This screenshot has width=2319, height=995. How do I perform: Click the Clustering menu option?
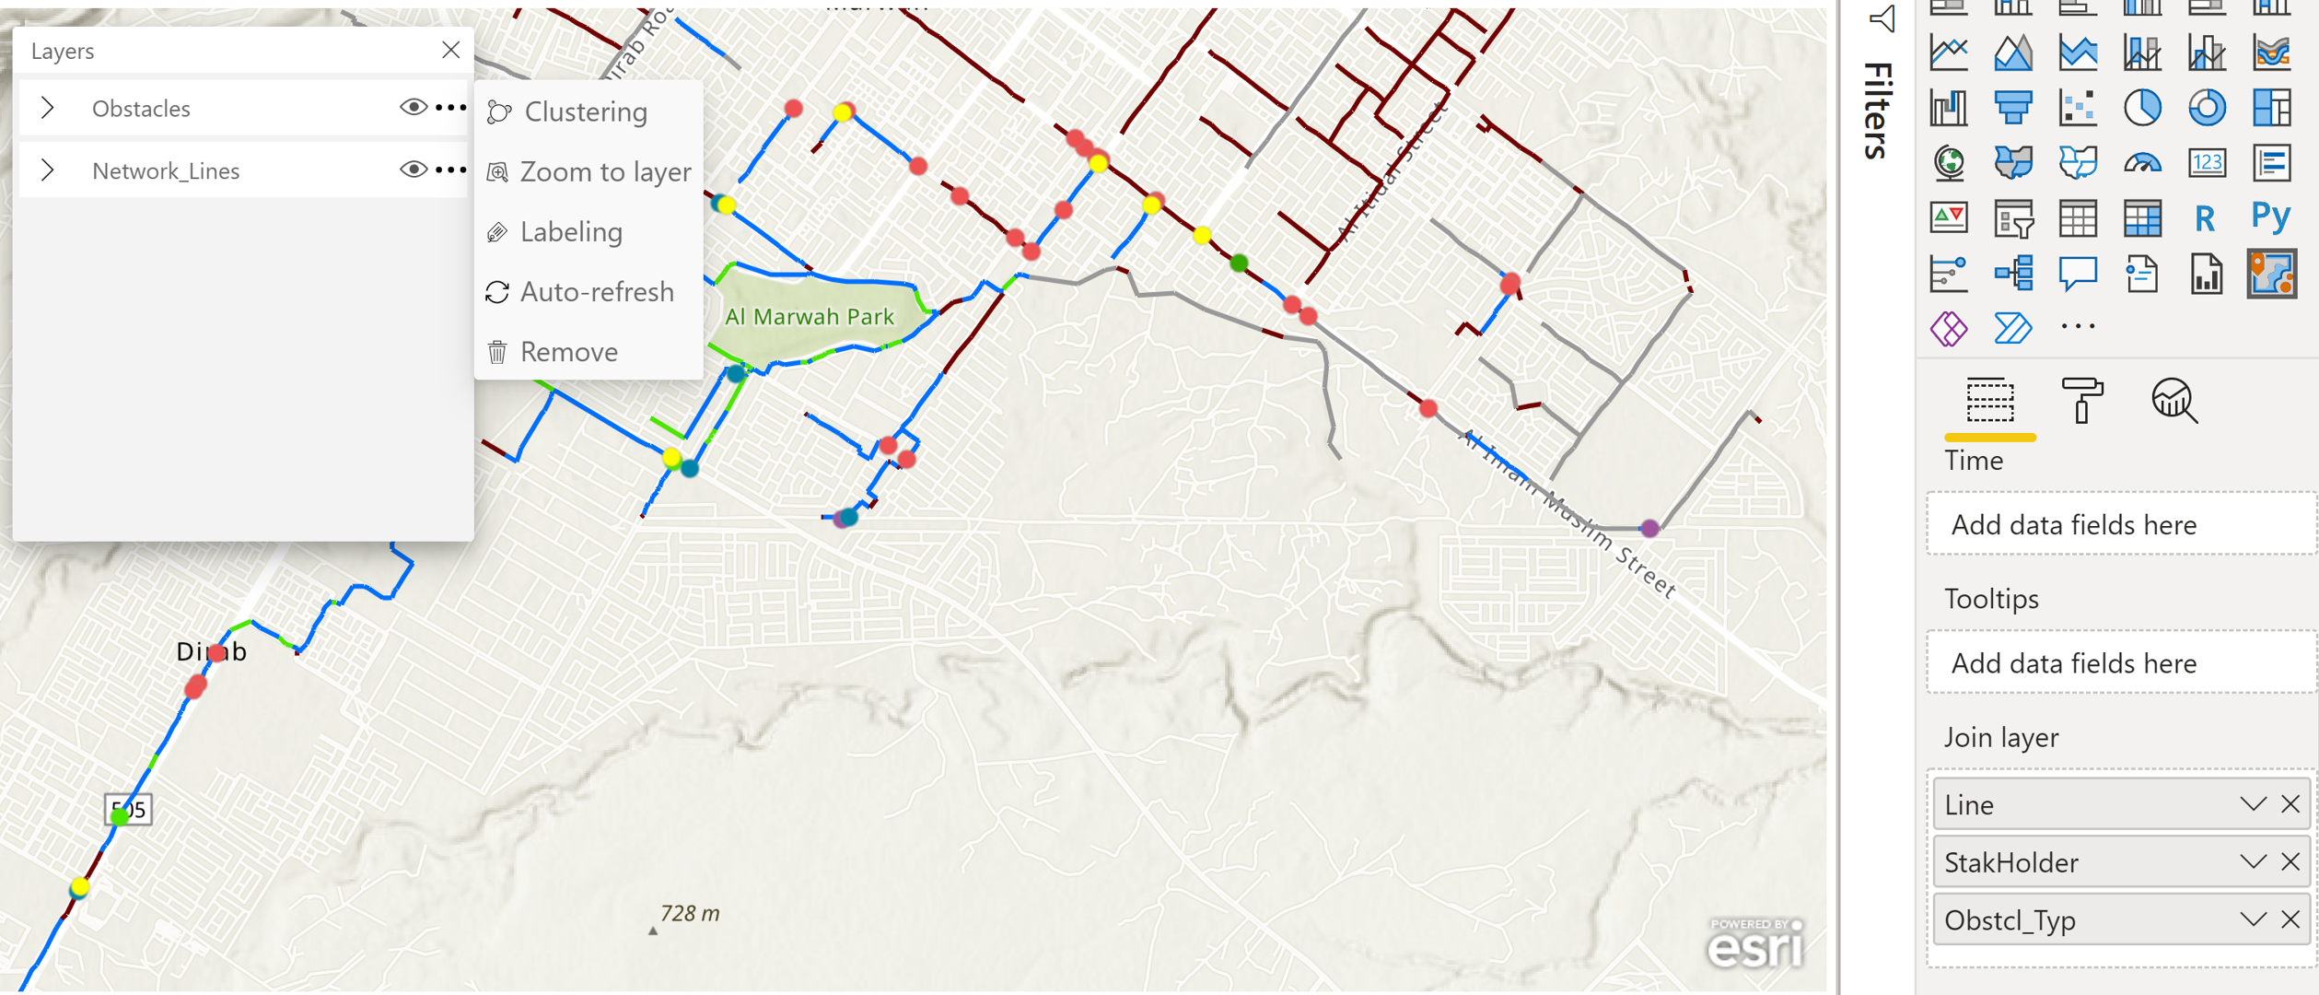(x=586, y=112)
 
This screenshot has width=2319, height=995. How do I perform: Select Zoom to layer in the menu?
(x=604, y=172)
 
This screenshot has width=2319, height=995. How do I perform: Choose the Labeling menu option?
(x=571, y=232)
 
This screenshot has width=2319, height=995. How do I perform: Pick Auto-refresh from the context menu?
(x=596, y=292)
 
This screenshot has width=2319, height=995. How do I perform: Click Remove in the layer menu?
(x=568, y=352)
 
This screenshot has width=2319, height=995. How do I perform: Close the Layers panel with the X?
(x=450, y=50)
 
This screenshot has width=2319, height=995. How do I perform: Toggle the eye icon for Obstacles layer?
(x=413, y=108)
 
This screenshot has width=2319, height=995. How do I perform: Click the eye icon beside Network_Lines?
(x=413, y=170)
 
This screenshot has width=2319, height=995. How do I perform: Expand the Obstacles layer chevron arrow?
(x=48, y=108)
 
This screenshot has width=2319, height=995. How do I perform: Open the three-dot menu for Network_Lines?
(x=450, y=170)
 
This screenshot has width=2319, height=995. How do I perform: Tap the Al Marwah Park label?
(x=809, y=317)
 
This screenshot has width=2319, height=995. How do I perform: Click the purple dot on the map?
(x=1649, y=528)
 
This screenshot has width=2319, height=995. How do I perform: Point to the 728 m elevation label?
(x=689, y=914)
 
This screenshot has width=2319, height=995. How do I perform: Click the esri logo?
(x=1754, y=945)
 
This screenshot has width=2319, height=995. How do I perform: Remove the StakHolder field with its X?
(x=2290, y=862)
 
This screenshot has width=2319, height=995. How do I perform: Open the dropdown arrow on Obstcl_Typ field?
(x=2253, y=919)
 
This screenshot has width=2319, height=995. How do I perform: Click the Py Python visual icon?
(x=2270, y=217)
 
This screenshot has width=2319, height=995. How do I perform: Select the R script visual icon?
(x=2205, y=218)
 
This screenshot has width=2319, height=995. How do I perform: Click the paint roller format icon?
(x=2080, y=400)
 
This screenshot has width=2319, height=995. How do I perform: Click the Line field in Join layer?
(x=2081, y=805)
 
